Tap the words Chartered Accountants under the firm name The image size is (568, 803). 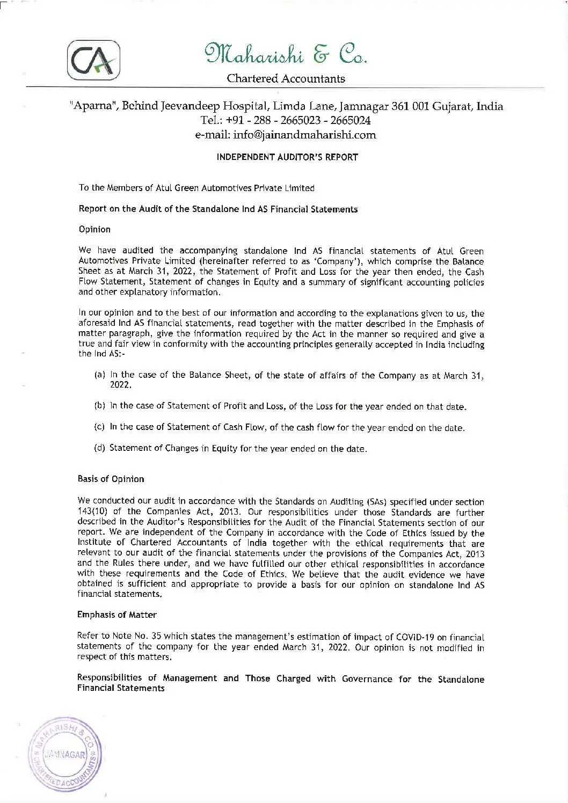coord(286,79)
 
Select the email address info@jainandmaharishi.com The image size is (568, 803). coord(286,135)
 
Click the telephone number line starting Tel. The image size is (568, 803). coord(286,120)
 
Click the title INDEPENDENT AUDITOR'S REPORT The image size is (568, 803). coord(287,157)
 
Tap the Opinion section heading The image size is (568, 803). coord(94,229)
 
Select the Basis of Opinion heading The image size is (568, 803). coord(111,479)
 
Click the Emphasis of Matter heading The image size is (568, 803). coord(117,615)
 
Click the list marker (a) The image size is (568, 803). coord(99,375)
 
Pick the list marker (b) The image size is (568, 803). coord(99,407)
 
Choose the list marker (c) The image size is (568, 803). coord(99,428)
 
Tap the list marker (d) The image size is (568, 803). coord(99,448)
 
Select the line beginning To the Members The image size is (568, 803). coord(196,188)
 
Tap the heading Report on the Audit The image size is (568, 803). coord(218,209)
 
